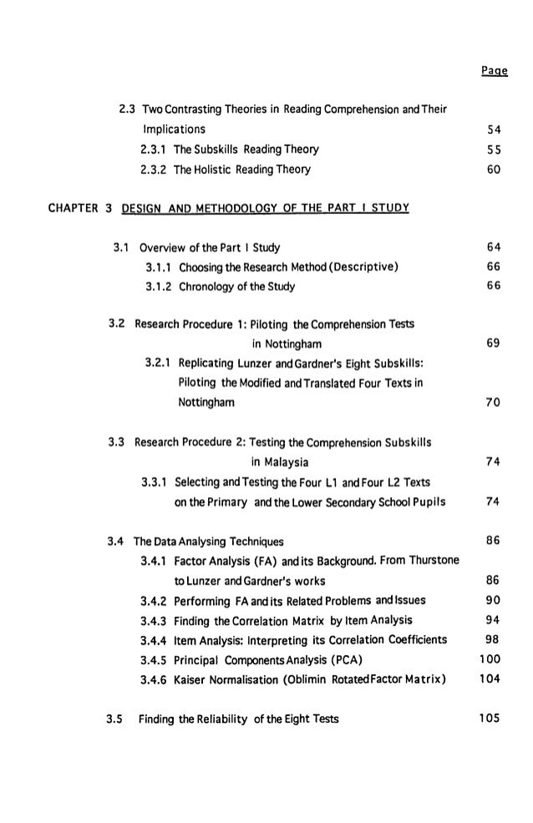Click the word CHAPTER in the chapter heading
63,207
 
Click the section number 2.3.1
154,150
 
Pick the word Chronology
204,287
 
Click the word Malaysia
280,462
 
